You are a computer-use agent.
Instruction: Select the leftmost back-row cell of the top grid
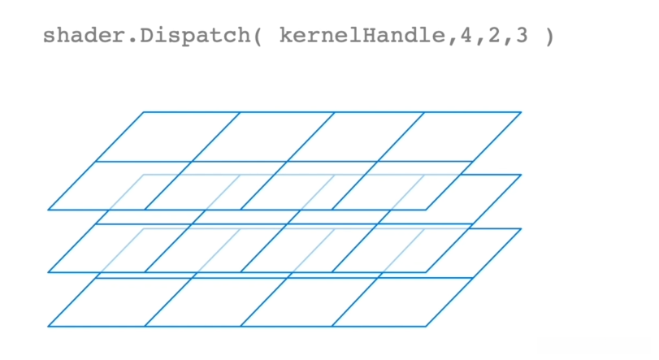tap(167, 137)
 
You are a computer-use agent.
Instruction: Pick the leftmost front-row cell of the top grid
tap(120, 185)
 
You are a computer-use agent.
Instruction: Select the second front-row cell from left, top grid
tap(215, 185)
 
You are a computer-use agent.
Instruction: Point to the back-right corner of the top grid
tap(521, 112)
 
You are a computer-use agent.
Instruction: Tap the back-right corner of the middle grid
tap(521, 175)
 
